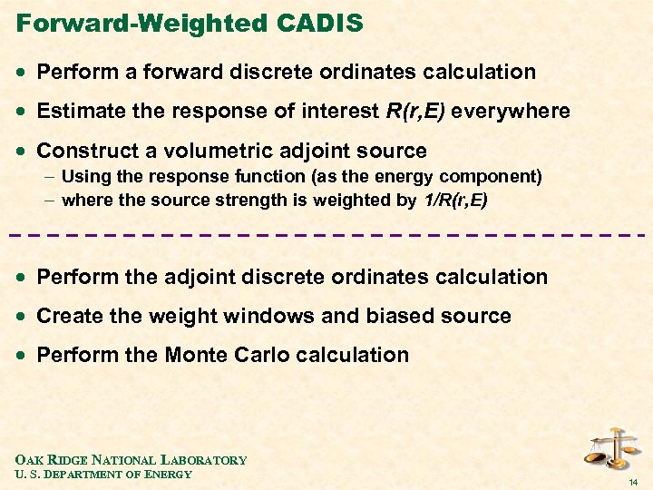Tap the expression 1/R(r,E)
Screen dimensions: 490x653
click(454, 200)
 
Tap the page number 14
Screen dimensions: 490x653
click(634, 480)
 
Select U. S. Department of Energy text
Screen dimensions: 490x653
click(104, 474)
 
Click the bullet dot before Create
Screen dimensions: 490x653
click(22, 317)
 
